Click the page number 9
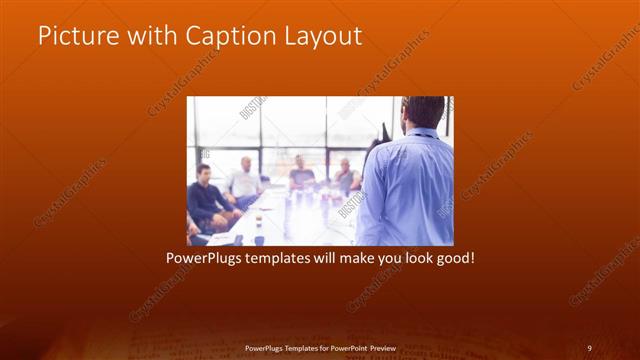coord(590,347)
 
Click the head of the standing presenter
coord(423,111)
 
